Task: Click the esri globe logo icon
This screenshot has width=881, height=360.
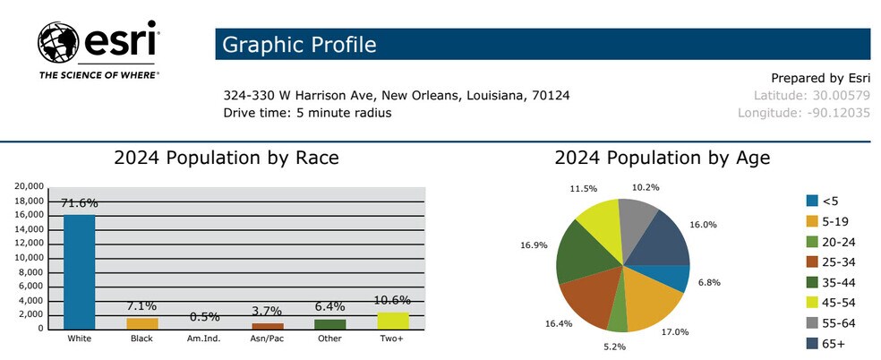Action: tap(59, 42)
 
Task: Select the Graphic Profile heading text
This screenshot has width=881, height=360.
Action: tap(299, 44)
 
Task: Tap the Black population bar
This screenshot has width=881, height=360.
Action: tap(141, 323)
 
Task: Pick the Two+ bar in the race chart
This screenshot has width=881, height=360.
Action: tap(393, 320)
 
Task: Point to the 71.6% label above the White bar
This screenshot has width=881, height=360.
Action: tap(79, 203)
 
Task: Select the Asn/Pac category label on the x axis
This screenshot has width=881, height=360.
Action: tap(267, 339)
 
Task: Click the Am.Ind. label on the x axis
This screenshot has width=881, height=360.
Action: tap(204, 339)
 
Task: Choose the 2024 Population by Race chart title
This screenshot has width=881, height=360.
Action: tap(226, 159)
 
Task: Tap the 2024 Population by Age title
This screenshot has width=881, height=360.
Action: tap(662, 159)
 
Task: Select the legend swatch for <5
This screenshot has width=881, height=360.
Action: tap(812, 201)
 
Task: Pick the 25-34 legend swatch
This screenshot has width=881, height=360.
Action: tap(812, 261)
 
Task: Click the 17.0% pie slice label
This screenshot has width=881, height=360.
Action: tap(675, 332)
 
